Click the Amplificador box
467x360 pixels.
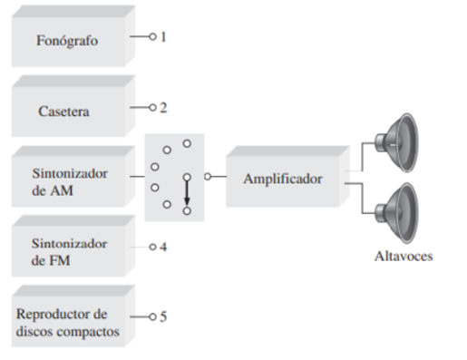tap(282, 179)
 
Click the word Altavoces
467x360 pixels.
tap(404, 256)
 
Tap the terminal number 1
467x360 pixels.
tap(164, 37)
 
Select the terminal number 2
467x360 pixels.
tap(164, 107)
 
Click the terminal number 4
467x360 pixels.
tap(164, 247)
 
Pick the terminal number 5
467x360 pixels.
tap(164, 316)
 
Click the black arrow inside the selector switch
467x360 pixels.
tap(187, 193)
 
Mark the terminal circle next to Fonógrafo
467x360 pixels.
tap(152, 37)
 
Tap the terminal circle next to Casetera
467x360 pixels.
tap(152, 107)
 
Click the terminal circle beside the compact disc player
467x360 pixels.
tap(152, 316)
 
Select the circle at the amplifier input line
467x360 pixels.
tap(208, 177)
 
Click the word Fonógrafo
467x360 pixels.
tap(67, 42)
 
